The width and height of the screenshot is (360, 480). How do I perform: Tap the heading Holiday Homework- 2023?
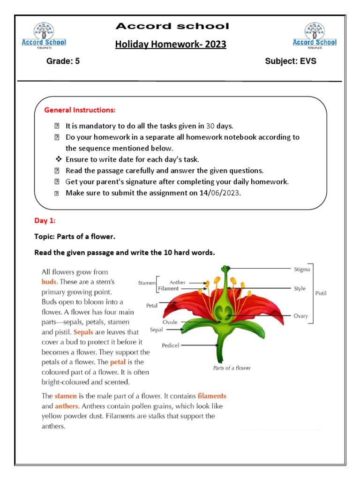pyautogui.click(x=171, y=45)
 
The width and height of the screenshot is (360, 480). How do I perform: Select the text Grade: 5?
pyautogui.click(x=63, y=61)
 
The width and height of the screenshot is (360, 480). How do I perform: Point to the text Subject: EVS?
pyautogui.click(x=290, y=61)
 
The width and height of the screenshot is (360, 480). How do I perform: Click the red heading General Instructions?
pyautogui.click(x=80, y=110)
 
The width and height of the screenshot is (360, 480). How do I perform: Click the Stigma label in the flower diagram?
pyautogui.click(x=302, y=270)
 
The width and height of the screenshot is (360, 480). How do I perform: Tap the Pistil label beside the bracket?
pyautogui.click(x=321, y=293)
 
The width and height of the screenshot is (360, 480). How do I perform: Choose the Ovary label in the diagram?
pyautogui.click(x=301, y=316)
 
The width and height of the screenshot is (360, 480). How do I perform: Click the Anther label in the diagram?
pyautogui.click(x=177, y=283)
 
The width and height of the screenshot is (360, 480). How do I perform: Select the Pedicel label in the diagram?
pyautogui.click(x=171, y=345)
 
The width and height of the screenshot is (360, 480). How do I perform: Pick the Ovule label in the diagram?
pyautogui.click(x=170, y=322)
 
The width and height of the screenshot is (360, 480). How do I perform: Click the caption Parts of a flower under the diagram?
pyautogui.click(x=232, y=368)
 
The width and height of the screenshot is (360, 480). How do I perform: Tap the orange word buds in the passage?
pyautogui.click(x=49, y=282)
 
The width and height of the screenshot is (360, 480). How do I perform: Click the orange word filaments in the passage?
pyautogui.click(x=212, y=396)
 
